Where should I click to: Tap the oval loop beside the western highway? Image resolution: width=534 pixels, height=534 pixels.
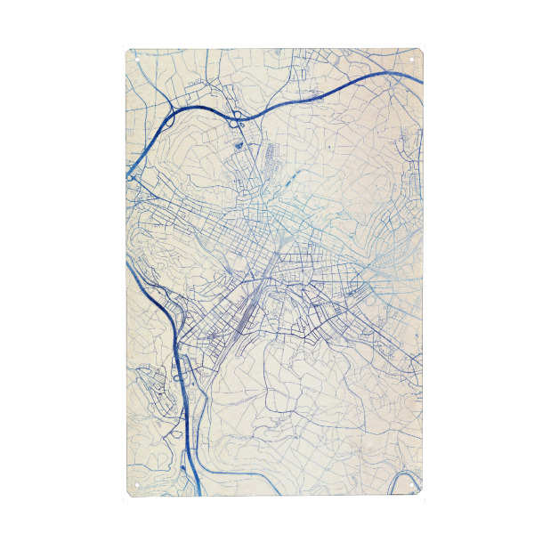[178, 377]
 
